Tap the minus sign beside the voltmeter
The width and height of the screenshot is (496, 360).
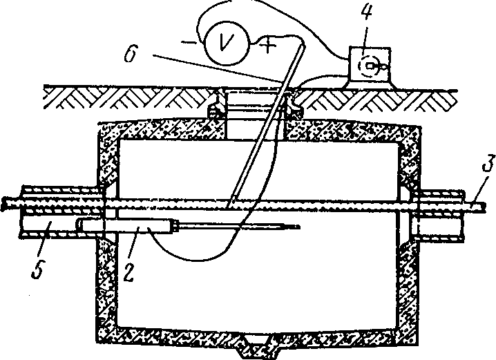188,43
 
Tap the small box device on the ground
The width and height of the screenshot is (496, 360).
369,67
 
